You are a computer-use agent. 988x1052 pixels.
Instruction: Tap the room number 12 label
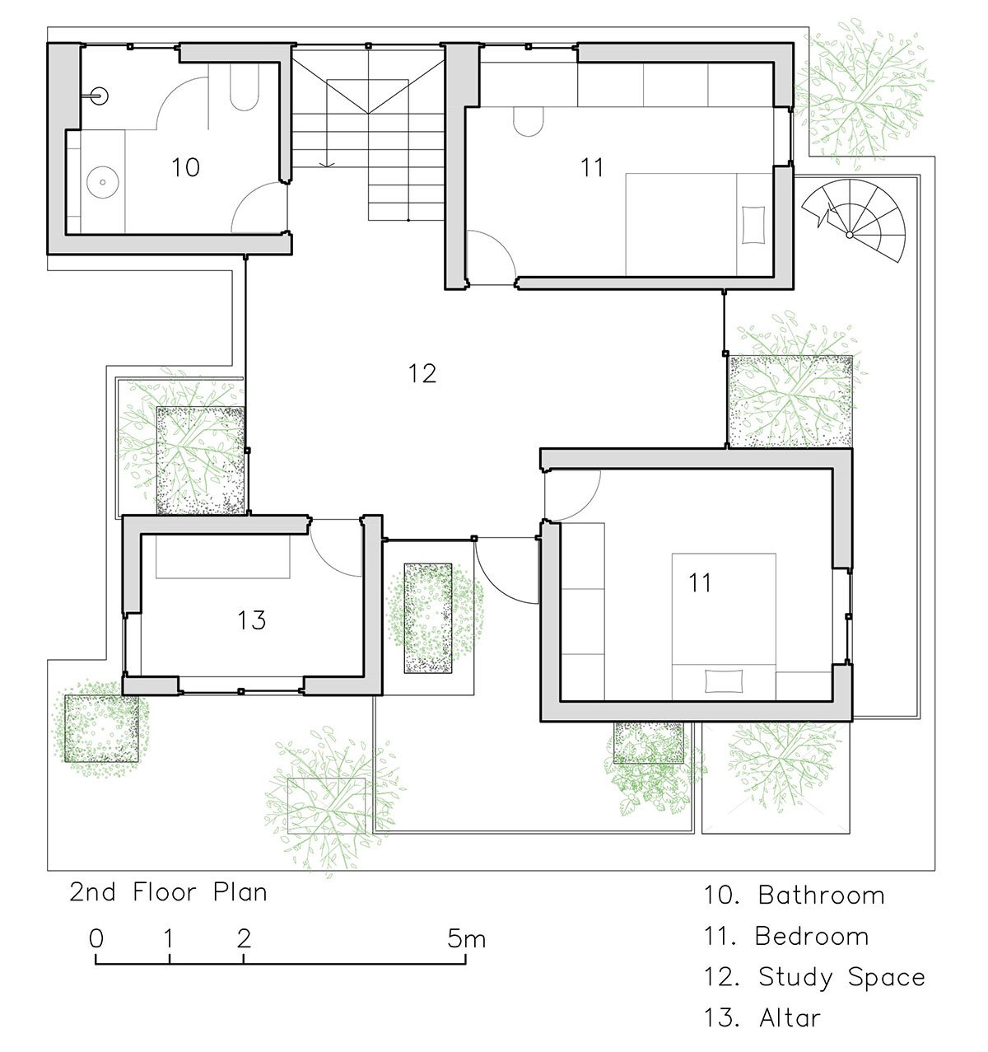(x=422, y=373)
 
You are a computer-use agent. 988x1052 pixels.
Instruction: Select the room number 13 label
(x=251, y=620)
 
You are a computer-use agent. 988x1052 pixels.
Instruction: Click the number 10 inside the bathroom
(x=185, y=167)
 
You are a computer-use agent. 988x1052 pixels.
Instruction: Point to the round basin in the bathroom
(x=102, y=182)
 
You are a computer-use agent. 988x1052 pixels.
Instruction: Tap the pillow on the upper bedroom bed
(x=753, y=225)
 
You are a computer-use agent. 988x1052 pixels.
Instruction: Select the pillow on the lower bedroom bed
(x=723, y=681)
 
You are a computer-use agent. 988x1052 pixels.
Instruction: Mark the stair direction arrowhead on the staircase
(x=328, y=165)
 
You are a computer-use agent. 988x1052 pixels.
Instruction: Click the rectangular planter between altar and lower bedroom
(x=428, y=618)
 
